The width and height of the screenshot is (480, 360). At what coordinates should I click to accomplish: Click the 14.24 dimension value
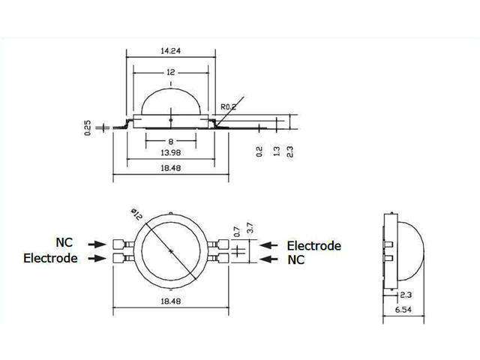[172, 52]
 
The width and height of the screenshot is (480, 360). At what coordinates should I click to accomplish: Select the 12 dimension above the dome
[172, 73]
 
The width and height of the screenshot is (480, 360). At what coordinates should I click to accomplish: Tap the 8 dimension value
[172, 141]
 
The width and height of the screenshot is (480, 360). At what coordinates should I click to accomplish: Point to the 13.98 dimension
[172, 153]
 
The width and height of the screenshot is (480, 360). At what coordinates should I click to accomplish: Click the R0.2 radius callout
[229, 106]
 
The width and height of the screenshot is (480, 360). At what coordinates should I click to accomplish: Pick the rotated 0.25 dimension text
[88, 128]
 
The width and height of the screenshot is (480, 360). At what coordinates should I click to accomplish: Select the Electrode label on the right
[314, 245]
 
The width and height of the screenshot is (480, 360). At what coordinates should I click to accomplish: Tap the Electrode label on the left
[50, 258]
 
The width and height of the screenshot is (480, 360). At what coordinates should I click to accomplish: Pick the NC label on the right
[297, 260]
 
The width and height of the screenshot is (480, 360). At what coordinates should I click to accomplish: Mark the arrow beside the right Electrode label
[271, 245]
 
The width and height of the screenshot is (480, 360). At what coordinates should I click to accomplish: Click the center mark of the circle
[172, 250]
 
